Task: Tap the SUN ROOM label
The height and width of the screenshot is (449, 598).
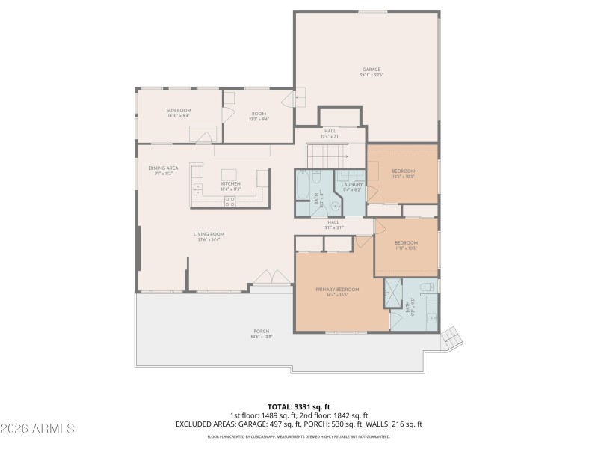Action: tap(179, 110)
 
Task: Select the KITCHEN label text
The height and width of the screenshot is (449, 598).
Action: tap(229, 183)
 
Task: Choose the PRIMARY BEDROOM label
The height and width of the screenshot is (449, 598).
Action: tap(337, 289)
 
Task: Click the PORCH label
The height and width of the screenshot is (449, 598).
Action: tap(261, 331)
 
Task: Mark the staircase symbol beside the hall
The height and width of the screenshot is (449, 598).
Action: tap(327, 156)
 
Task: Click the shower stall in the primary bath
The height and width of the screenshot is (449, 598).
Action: tap(392, 294)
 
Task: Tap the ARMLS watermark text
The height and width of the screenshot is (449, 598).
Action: tap(37, 429)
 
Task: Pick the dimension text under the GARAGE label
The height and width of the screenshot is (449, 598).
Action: tap(372, 76)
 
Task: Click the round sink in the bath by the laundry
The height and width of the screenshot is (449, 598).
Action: tap(317, 177)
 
